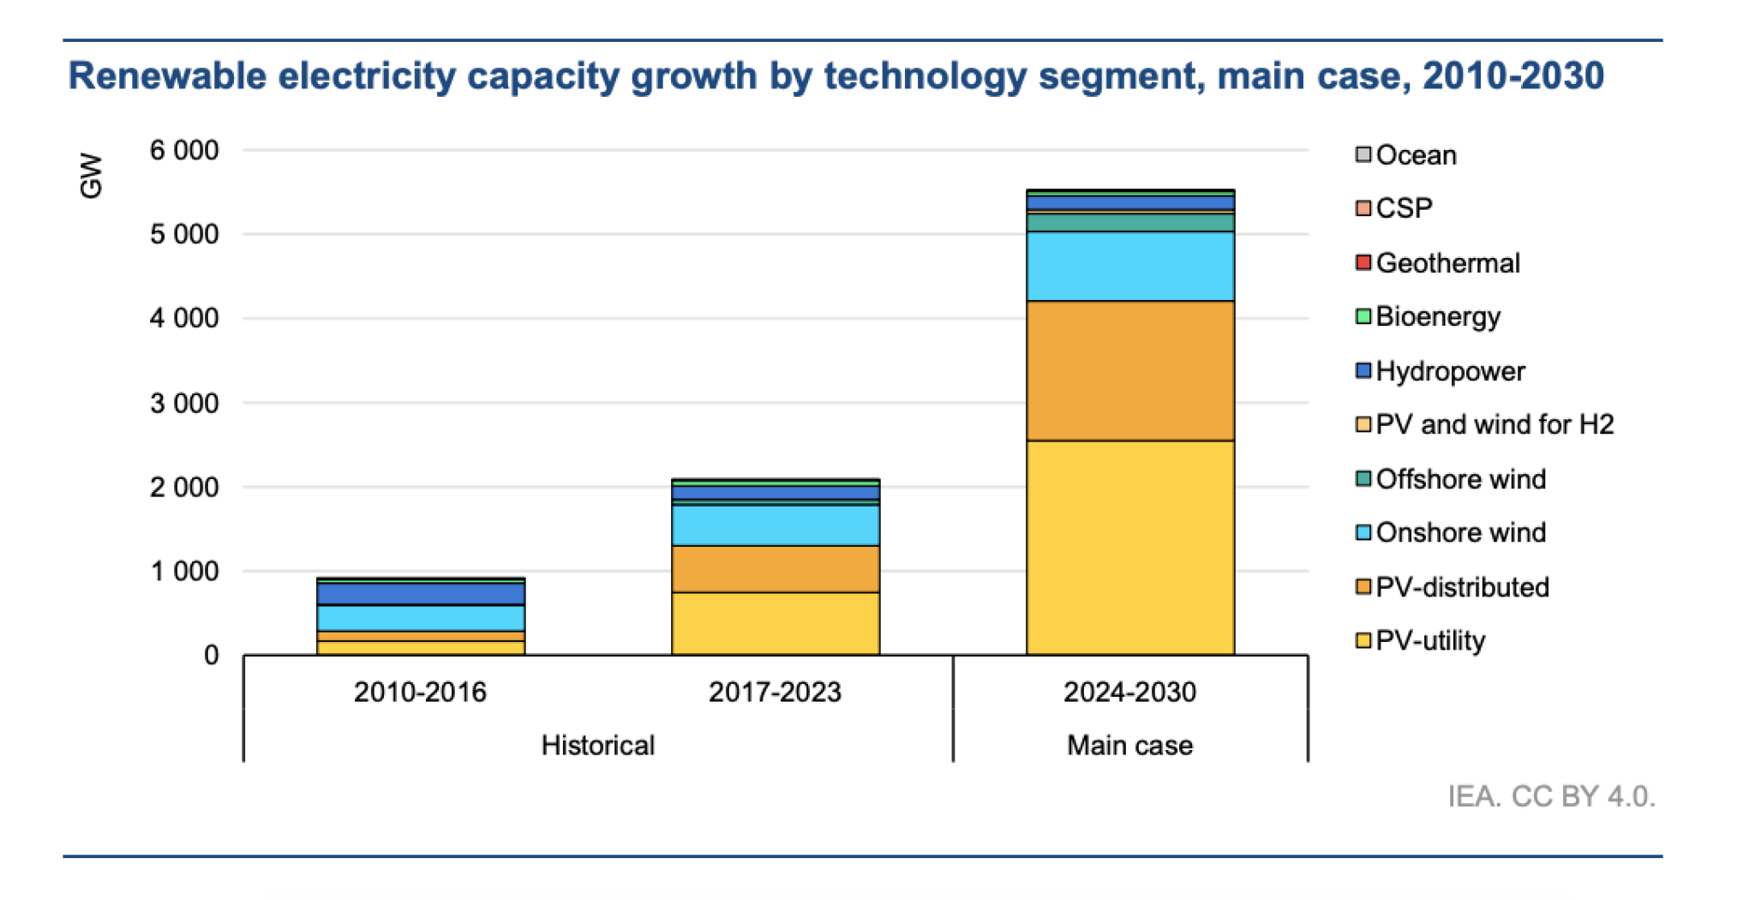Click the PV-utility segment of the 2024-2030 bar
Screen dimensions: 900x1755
click(x=1129, y=549)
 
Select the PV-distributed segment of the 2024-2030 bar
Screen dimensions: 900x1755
click(x=1129, y=370)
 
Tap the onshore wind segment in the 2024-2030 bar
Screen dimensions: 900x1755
click(x=1129, y=266)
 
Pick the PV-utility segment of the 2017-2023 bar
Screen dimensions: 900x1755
click(x=775, y=623)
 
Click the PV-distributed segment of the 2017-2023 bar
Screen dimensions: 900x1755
click(x=775, y=568)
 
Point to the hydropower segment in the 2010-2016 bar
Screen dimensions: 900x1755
click(x=420, y=593)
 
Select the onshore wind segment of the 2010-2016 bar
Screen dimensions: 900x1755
click(x=420, y=618)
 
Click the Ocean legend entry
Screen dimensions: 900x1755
click(x=1415, y=155)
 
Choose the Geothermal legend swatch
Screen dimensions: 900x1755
click(x=1363, y=262)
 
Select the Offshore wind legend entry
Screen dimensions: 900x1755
click(x=1460, y=478)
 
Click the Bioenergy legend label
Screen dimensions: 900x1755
click(x=1438, y=316)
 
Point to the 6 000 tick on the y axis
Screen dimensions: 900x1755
click(x=184, y=151)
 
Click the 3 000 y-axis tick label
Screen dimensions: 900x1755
click(x=184, y=403)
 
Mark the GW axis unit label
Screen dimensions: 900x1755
click(x=91, y=176)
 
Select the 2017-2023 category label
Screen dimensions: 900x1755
click(x=775, y=692)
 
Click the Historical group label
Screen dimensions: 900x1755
click(x=597, y=745)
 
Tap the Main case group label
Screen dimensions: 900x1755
click(x=1129, y=745)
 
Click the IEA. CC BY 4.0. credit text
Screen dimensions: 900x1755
click(x=1551, y=796)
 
